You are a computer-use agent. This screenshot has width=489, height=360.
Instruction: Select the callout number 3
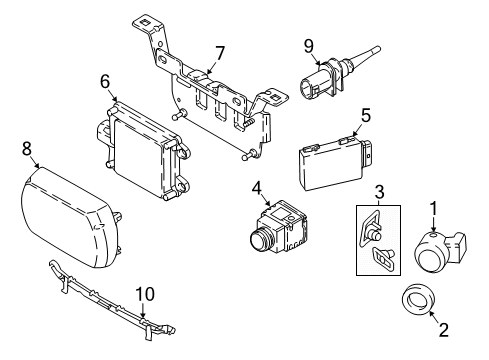click(379, 191)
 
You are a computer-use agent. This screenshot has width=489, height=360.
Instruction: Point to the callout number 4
click(257, 187)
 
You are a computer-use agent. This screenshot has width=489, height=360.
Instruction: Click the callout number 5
click(366, 115)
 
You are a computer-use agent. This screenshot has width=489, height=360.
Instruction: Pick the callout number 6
click(105, 81)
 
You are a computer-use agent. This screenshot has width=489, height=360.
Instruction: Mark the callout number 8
click(27, 147)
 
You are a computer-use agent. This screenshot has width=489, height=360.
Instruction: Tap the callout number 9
click(309, 44)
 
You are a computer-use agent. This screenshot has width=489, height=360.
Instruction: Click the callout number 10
click(145, 293)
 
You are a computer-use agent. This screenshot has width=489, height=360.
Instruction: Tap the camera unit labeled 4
click(275, 241)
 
